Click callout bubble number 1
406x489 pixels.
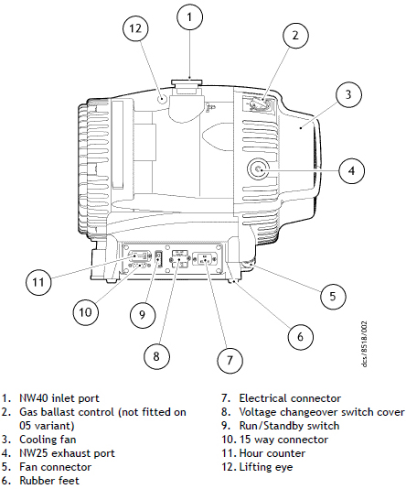point(188,16)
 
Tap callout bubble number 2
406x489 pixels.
point(294,36)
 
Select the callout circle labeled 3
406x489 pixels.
point(348,93)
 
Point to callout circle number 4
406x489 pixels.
point(351,169)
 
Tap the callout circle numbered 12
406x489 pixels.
point(136,28)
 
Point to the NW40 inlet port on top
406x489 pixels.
point(187,86)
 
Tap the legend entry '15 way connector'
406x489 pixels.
point(283,440)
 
